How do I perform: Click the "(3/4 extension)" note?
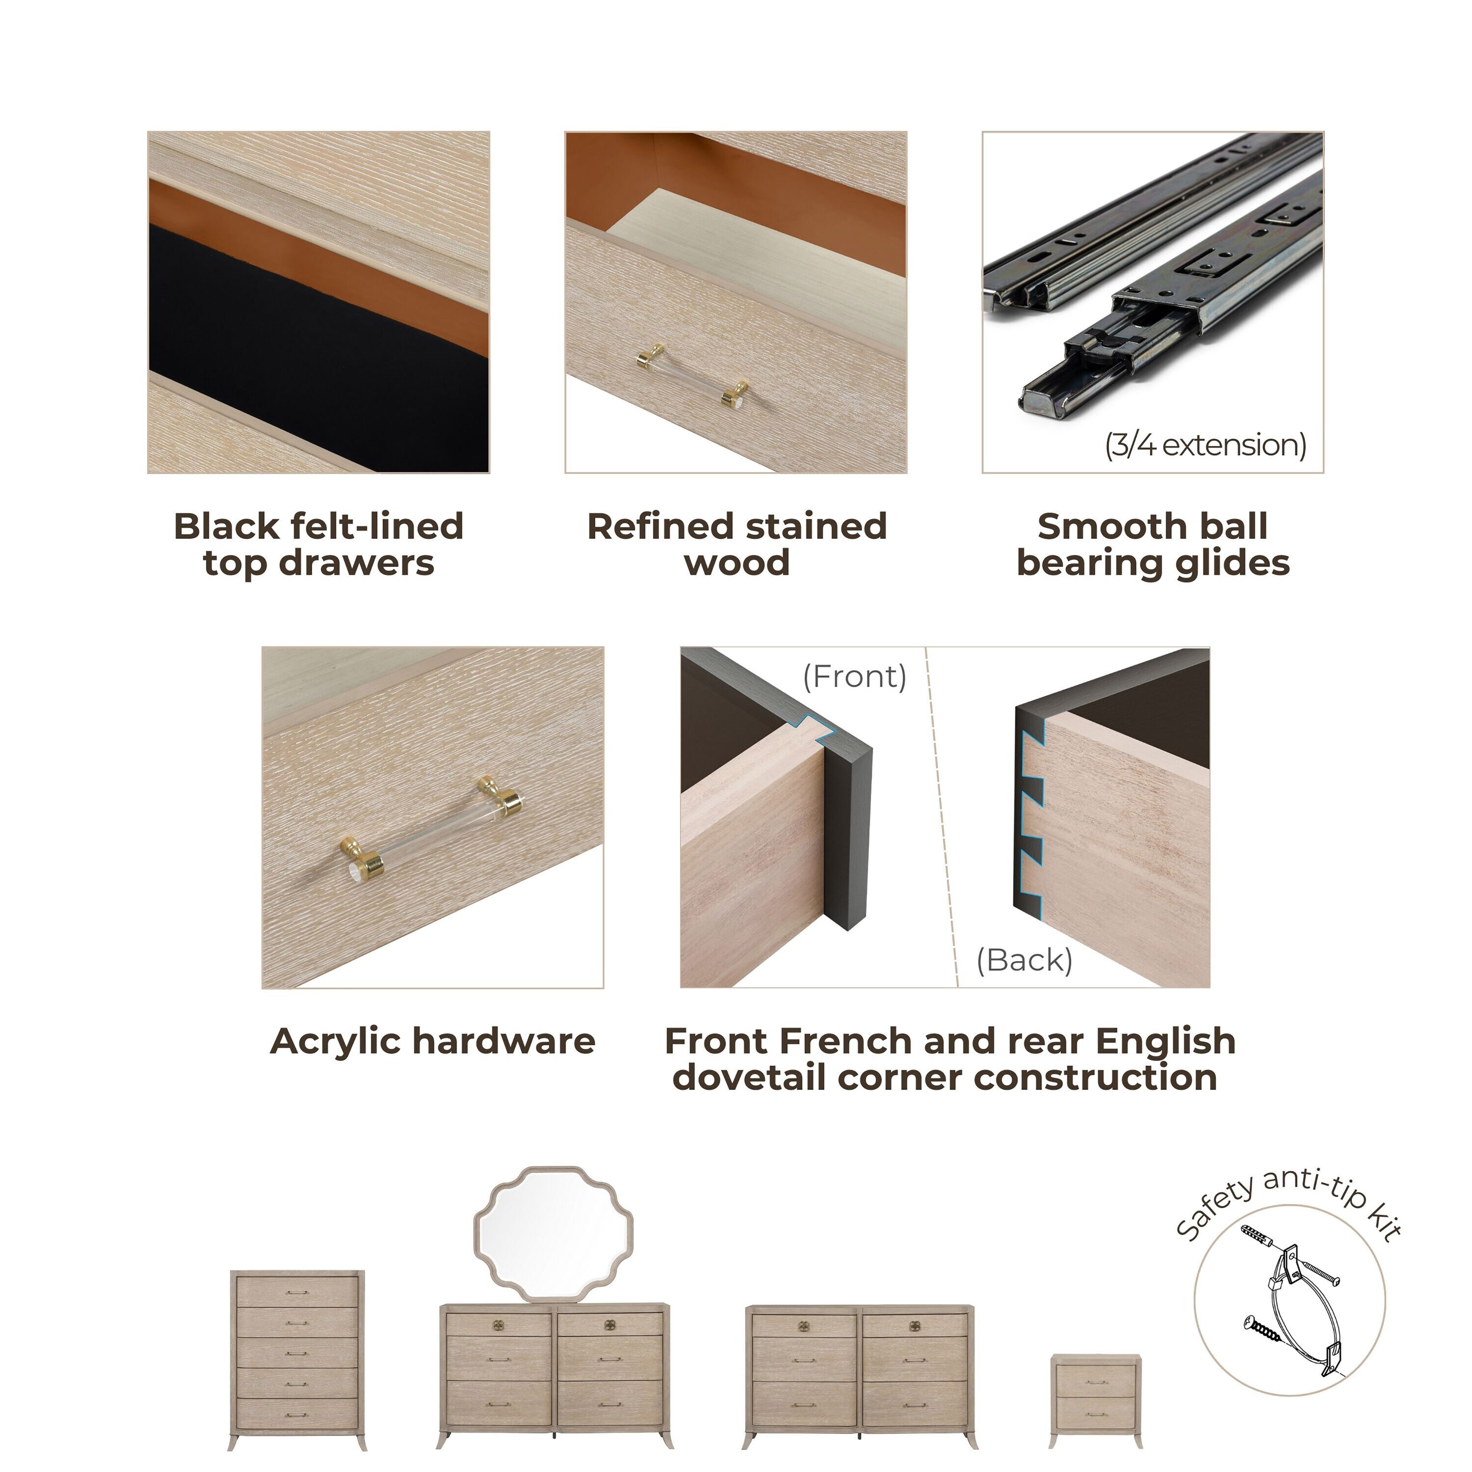point(1206,445)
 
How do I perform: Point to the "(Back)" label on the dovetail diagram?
point(1025,960)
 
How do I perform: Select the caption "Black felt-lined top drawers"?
point(318,545)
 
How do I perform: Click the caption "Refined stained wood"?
point(737,545)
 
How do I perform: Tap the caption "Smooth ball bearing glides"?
point(1153,545)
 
